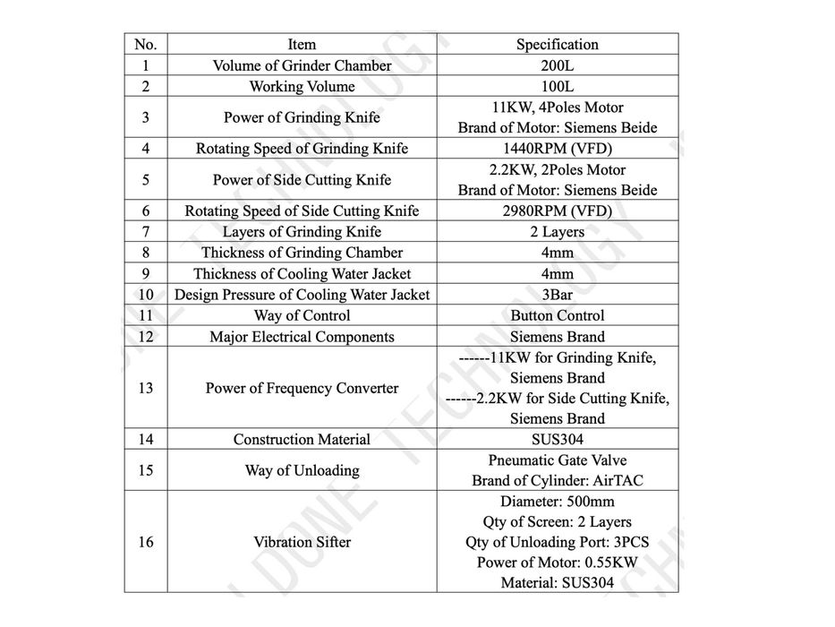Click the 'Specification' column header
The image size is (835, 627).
point(557,44)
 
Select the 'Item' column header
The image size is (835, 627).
point(302,44)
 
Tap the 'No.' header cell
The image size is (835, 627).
point(145,44)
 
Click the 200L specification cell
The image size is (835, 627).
point(557,65)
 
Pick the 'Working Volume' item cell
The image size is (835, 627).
point(302,87)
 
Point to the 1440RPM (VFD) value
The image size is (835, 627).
point(557,149)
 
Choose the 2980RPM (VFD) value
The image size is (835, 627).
point(557,211)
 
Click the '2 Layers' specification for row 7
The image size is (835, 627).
point(557,232)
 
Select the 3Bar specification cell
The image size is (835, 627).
point(557,295)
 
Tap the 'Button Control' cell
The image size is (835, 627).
point(557,315)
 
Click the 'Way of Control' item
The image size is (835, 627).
point(302,315)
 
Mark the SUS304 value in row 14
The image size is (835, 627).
point(557,440)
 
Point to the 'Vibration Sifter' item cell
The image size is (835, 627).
point(302,542)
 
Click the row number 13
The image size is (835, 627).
point(145,388)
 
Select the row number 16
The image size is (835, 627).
point(145,542)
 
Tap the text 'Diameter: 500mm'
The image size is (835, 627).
point(557,502)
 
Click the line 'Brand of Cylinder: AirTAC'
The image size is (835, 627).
point(557,481)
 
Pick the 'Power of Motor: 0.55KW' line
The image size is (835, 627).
point(557,563)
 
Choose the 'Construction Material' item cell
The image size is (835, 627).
point(302,440)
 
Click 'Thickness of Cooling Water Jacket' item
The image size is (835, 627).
point(302,274)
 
